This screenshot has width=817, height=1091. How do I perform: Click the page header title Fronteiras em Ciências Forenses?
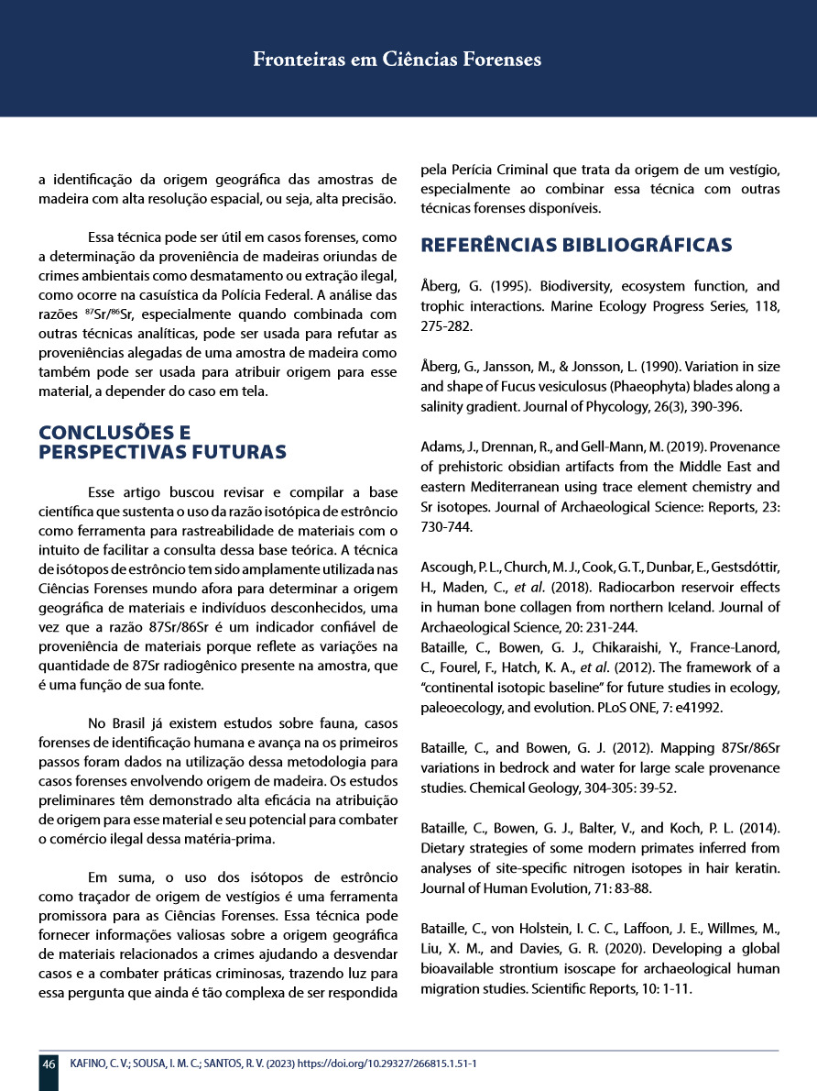coord(397,60)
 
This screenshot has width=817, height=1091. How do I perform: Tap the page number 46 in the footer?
coord(49,1063)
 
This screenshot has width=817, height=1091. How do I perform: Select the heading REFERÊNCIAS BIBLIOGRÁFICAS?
coord(576,245)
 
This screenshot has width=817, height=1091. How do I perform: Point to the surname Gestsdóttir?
coord(738,566)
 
